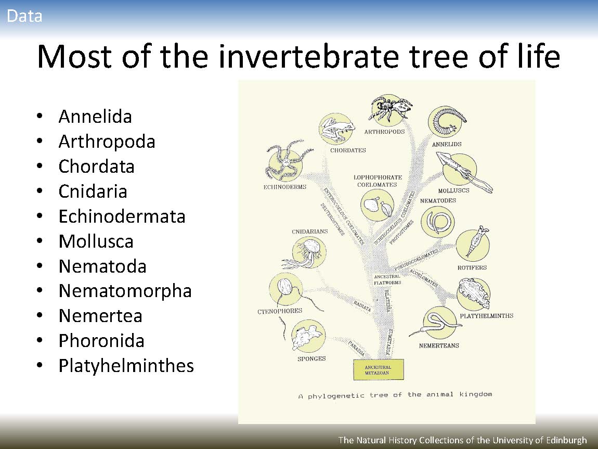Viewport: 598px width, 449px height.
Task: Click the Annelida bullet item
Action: tap(95, 117)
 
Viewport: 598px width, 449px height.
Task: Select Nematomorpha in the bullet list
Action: tap(125, 291)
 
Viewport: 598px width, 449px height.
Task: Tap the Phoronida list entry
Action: tap(101, 341)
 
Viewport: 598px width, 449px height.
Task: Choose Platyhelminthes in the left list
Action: tap(126, 366)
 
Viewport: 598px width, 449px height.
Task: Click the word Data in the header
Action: tap(24, 16)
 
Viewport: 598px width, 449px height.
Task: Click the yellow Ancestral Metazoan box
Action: tap(379, 369)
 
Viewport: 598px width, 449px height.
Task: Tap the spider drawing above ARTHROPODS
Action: tap(390, 108)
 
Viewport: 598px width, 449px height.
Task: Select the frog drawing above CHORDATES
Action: tap(336, 129)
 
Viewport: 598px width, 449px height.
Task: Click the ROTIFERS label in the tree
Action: tap(472, 268)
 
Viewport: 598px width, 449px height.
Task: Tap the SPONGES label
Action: tap(311, 358)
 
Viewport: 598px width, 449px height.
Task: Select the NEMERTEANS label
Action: tap(439, 345)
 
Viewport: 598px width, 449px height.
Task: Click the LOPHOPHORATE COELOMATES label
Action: tap(378, 181)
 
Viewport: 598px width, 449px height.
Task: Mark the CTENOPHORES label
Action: tap(280, 311)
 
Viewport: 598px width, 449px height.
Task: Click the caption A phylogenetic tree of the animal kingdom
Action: tap(395, 395)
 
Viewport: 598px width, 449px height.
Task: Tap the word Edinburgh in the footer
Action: tap(566, 440)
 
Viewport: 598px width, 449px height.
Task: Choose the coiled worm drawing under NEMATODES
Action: tap(437, 222)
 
